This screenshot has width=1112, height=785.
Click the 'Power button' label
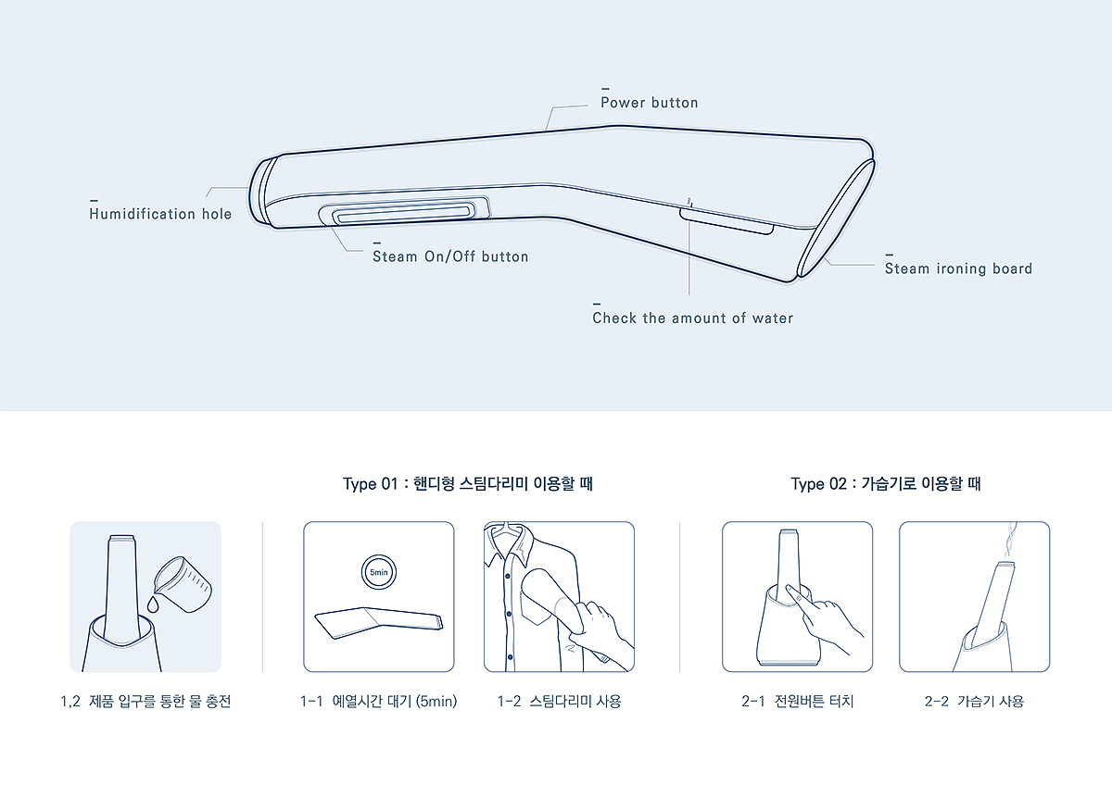point(650,103)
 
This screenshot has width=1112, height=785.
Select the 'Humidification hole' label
point(160,214)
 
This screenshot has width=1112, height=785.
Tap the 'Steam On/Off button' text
point(450,256)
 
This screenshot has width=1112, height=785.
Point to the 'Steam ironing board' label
point(958,268)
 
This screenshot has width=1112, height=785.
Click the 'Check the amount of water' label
point(692,318)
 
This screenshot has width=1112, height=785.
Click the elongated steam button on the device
point(404,212)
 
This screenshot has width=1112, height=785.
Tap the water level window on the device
point(726,221)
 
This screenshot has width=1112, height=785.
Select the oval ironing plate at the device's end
point(836,218)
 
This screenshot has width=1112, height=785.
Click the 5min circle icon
point(379,572)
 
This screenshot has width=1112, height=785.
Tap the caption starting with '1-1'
point(378,701)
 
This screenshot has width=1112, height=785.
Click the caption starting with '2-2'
point(974,701)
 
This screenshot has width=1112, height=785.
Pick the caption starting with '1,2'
point(145,701)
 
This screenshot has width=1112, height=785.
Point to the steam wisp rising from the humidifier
point(1010,541)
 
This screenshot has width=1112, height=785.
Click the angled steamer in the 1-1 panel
point(378,623)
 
